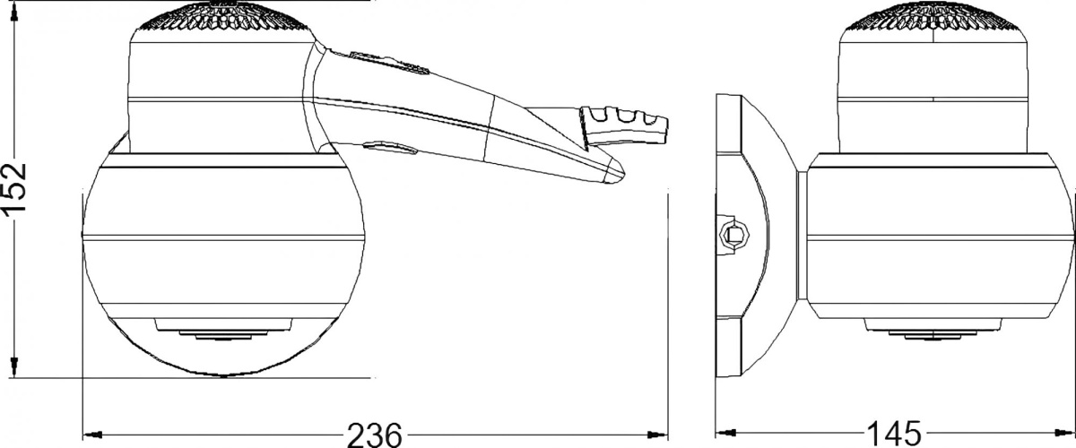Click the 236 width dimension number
(x=374, y=435)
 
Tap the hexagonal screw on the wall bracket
(x=733, y=236)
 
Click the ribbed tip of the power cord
(x=623, y=126)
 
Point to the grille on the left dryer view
(x=223, y=17)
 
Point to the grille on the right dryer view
(x=933, y=17)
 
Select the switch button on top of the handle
(x=388, y=63)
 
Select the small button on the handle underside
(x=390, y=147)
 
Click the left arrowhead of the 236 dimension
(x=93, y=435)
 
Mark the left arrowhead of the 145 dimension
(x=726, y=433)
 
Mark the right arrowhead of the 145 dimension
(x=1063, y=433)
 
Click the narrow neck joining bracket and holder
(x=802, y=236)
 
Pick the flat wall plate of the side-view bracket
(x=728, y=242)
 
